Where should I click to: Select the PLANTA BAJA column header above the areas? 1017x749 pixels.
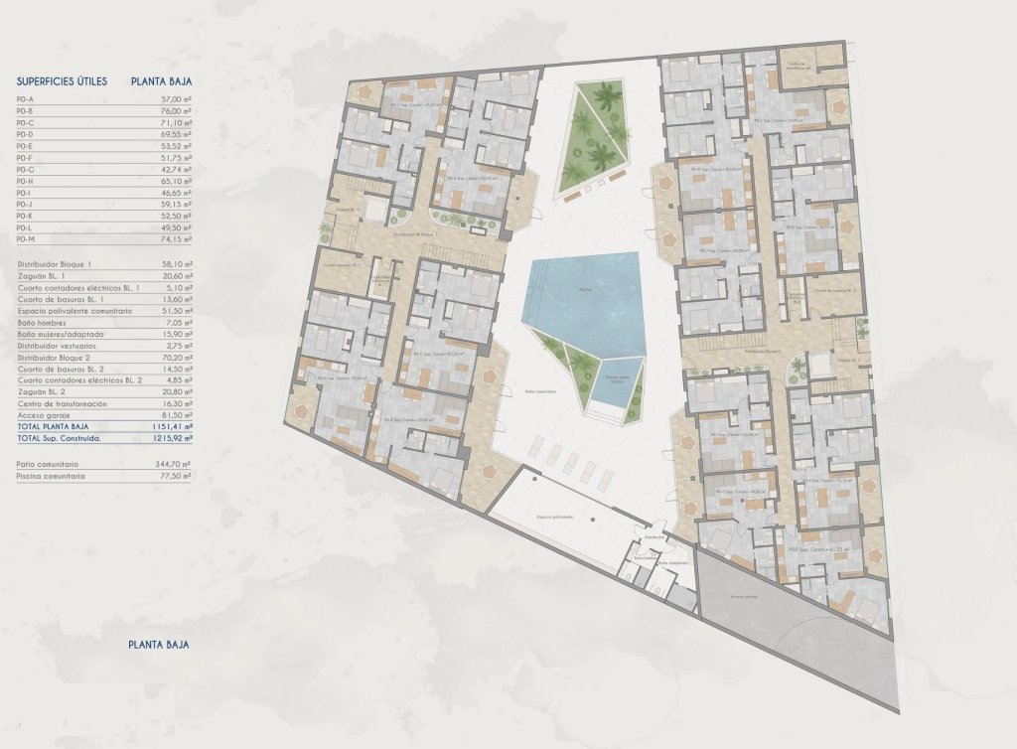[x=161, y=82]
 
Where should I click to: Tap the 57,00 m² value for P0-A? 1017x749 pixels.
[x=176, y=100]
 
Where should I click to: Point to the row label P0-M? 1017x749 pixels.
[x=27, y=239]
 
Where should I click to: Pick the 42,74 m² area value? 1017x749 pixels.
[x=176, y=170]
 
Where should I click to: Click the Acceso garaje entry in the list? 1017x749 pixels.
[x=41, y=414]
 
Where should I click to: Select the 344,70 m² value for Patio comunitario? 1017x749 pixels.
[x=175, y=464]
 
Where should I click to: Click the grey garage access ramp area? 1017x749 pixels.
[x=795, y=616]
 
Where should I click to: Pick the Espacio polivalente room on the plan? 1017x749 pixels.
[x=556, y=517]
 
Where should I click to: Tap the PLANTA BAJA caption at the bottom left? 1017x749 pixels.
[x=159, y=645]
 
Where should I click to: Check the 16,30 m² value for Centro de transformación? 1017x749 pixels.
[x=176, y=403]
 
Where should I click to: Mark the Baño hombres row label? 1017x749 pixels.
[x=46, y=323]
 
